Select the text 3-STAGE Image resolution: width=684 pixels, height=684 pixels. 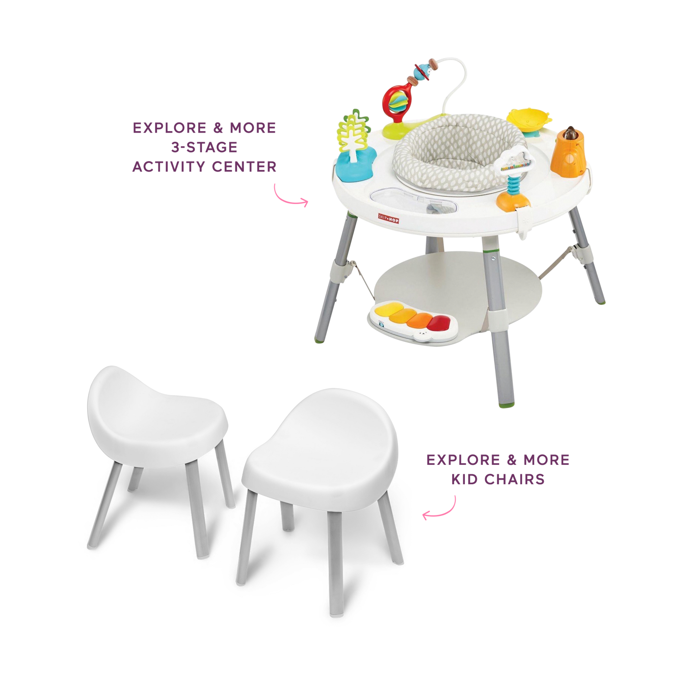pos(204,147)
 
